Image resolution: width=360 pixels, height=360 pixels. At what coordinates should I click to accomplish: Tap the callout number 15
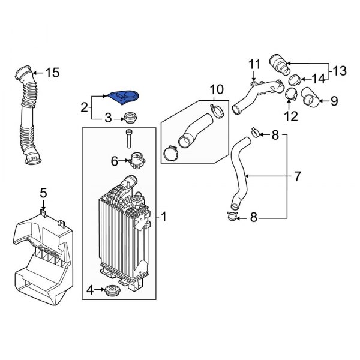[53, 73]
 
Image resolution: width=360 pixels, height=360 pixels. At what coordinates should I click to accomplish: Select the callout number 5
[43, 192]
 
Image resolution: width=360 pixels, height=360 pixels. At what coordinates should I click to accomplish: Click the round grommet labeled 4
[112, 292]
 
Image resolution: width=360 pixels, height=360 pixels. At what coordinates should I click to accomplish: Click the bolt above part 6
[129, 139]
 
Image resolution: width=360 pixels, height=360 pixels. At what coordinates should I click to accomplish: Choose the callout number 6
[114, 160]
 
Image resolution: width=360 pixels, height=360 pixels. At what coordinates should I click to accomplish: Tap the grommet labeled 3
[128, 118]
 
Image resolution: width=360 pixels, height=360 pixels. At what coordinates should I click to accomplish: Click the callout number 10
[215, 90]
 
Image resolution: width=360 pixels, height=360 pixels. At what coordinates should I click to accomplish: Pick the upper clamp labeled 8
[255, 132]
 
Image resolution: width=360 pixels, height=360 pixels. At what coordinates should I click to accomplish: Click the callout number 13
[340, 71]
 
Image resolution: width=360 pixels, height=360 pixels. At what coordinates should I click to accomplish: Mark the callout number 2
[85, 108]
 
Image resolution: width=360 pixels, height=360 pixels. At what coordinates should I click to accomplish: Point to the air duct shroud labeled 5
[42, 252]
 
